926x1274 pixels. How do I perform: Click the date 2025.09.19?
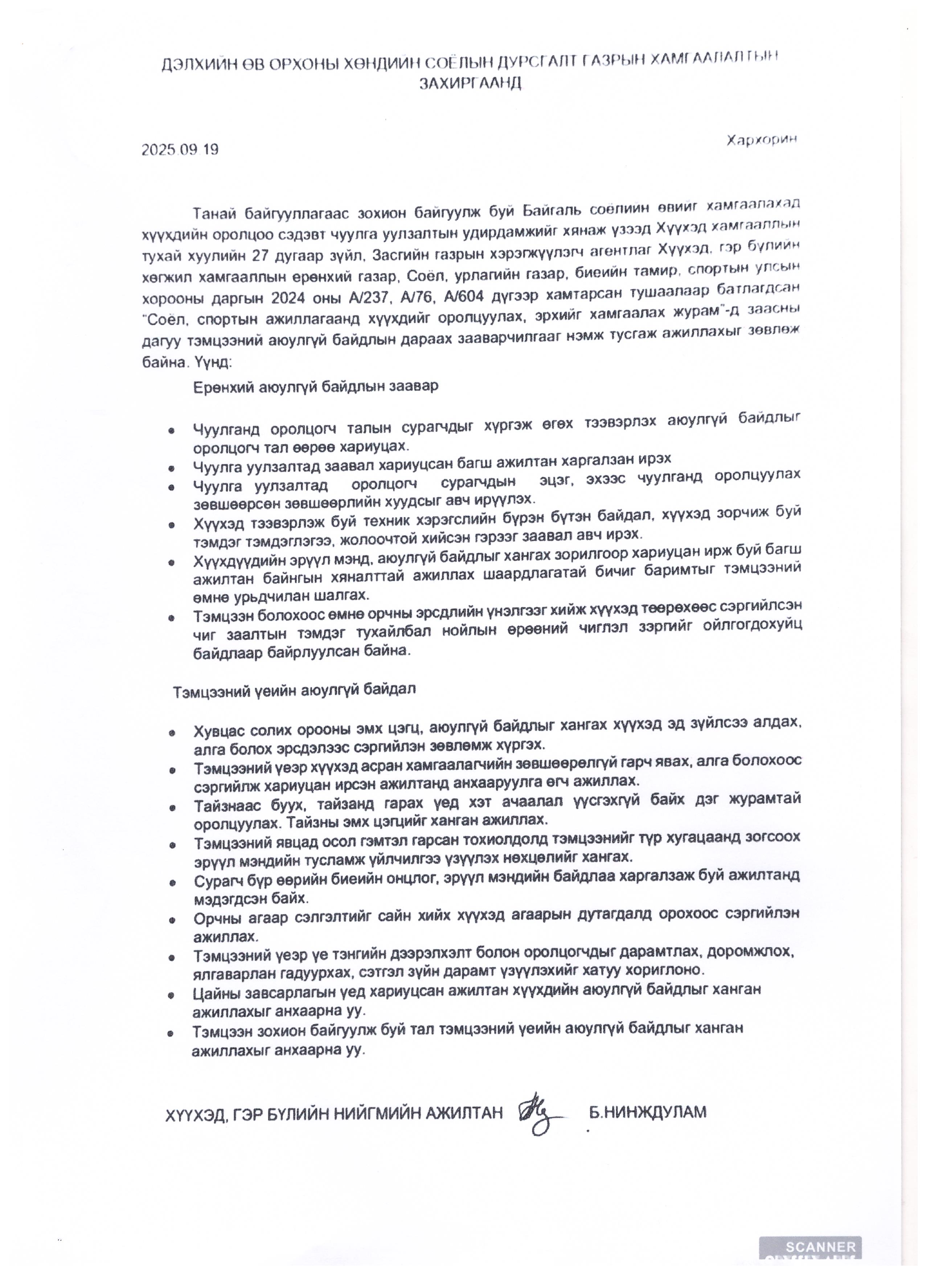tap(180, 150)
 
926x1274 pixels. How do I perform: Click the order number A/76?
tap(413, 295)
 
